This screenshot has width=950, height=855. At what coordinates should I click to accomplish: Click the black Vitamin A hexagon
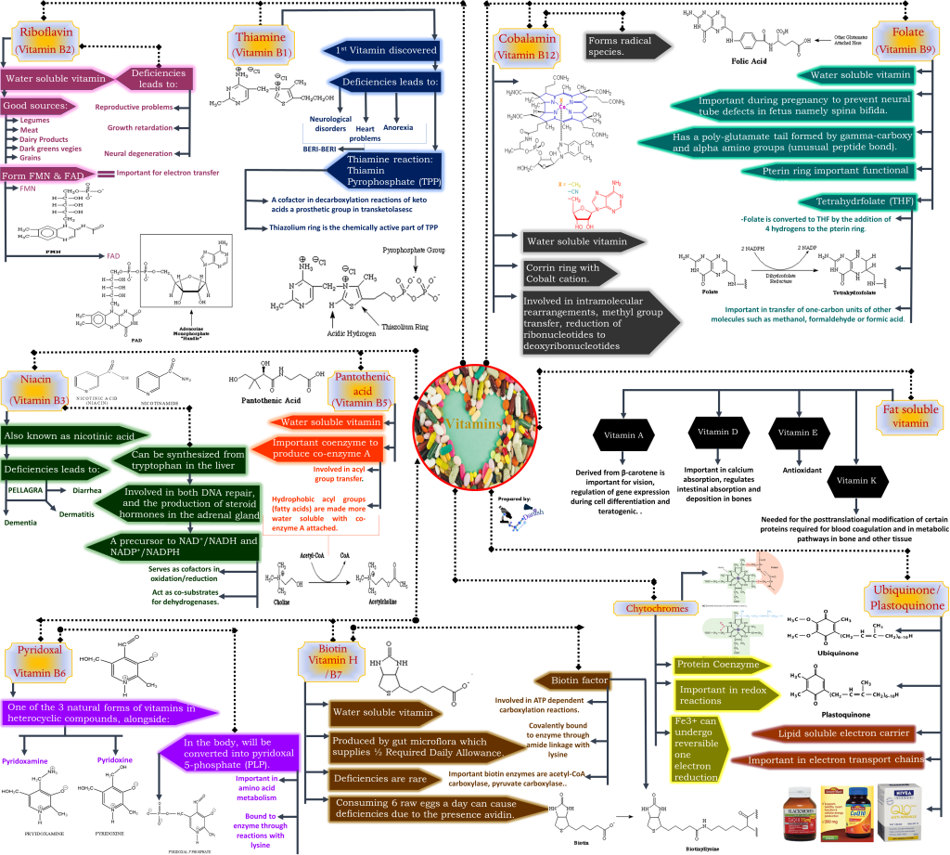(x=623, y=434)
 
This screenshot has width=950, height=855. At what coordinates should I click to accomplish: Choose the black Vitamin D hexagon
(x=719, y=433)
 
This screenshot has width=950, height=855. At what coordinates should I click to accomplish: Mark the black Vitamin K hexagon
(x=858, y=480)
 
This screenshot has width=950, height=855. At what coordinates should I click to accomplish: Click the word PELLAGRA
(x=25, y=486)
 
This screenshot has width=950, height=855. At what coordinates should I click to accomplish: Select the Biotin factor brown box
(x=581, y=680)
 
